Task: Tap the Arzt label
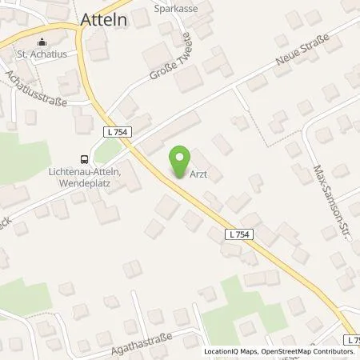click(199, 178)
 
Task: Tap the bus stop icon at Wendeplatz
click(83, 158)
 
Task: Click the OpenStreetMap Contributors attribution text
click(312, 351)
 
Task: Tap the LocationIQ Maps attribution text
click(232, 351)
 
